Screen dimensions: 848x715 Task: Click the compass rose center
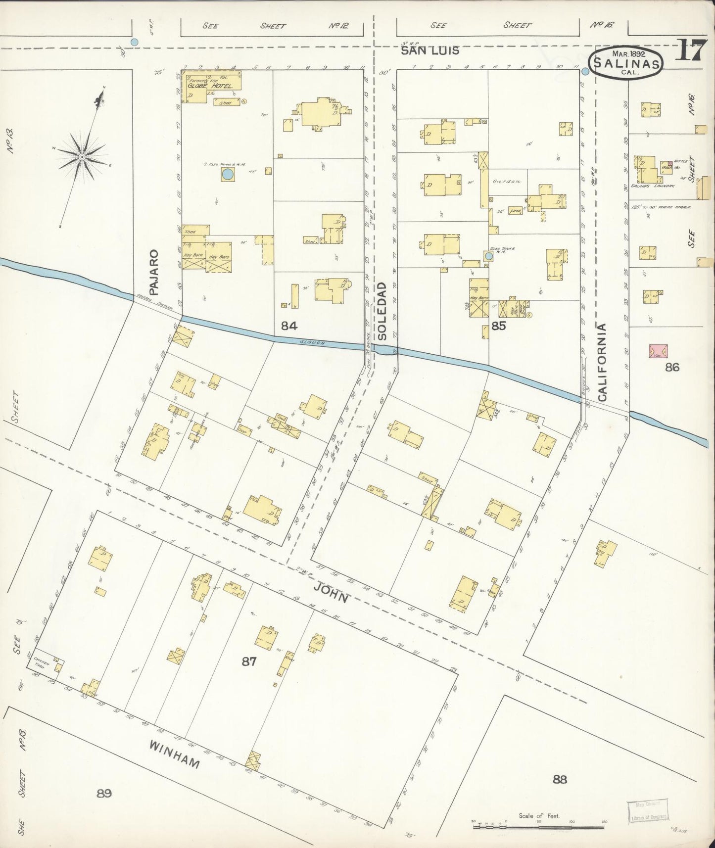pos(82,157)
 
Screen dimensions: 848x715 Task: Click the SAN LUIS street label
pos(429,50)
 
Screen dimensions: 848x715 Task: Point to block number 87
pos(248,661)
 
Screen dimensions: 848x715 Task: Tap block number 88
pos(560,780)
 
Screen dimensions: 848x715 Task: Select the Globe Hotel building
pos(210,85)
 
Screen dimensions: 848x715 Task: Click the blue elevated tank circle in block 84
pos(227,174)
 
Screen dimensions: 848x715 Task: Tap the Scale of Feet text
pos(539,816)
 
